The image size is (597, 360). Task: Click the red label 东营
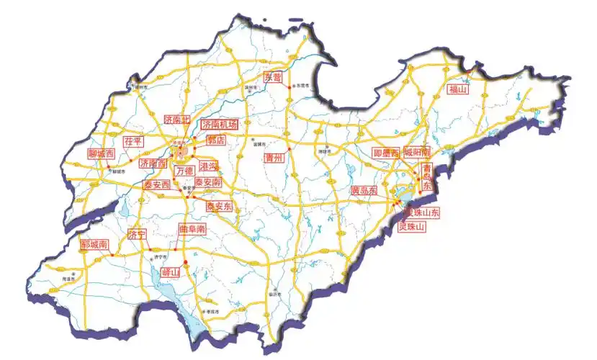click(x=273, y=77)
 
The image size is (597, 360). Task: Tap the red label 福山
click(x=458, y=90)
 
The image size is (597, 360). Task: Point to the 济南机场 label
click(x=218, y=125)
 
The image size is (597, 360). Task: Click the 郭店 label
click(x=215, y=140)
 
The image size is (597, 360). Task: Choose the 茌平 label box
click(x=134, y=141)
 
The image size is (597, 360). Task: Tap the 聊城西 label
click(x=101, y=154)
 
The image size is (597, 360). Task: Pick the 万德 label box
click(x=184, y=171)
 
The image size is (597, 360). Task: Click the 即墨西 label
click(x=386, y=153)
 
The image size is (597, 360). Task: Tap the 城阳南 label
click(x=417, y=153)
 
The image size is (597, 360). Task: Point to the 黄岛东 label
click(x=364, y=191)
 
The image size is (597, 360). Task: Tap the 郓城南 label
click(x=94, y=245)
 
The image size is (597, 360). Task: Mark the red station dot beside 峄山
click(x=184, y=261)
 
